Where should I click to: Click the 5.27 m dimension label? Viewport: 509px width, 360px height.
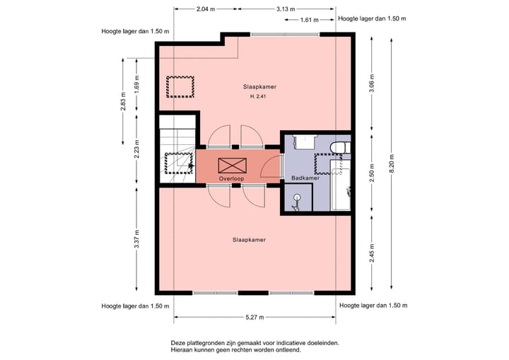click(255, 317)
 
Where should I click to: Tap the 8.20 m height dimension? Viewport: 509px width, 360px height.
click(392, 163)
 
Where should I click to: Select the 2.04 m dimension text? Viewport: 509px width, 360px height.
click(206, 9)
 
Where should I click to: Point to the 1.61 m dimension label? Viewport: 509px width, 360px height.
click(310, 20)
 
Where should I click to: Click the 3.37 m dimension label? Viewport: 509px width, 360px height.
click(137, 239)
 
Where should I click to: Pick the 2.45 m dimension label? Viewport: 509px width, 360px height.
click(372, 252)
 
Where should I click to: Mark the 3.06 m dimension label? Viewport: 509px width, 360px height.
click(372, 83)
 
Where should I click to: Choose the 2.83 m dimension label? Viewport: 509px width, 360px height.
click(123, 101)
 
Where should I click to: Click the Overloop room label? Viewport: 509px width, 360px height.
click(231, 179)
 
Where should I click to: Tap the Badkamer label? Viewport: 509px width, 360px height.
click(305, 178)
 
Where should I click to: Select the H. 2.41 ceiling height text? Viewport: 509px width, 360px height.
click(258, 96)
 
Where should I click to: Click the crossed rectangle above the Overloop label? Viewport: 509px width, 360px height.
click(233, 166)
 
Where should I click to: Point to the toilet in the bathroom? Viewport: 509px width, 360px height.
click(340, 148)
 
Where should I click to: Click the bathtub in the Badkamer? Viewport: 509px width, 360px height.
click(341, 185)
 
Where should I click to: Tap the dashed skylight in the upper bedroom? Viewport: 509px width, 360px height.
click(180, 87)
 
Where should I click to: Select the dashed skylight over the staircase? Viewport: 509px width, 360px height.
click(179, 163)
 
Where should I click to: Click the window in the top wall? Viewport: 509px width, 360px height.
click(285, 35)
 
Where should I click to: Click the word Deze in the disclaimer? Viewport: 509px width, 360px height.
click(177, 343)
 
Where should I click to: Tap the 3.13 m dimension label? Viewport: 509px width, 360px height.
click(286, 9)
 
